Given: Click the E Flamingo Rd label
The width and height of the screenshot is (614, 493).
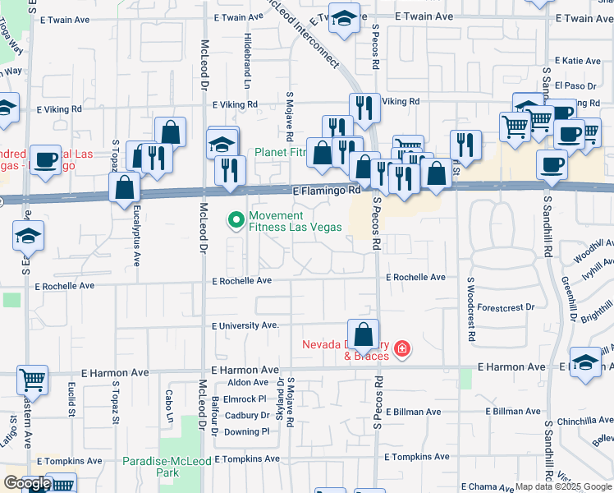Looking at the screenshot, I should (327, 190).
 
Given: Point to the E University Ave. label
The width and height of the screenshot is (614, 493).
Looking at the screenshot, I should (245, 325).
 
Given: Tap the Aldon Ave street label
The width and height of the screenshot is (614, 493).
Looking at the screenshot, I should (248, 382).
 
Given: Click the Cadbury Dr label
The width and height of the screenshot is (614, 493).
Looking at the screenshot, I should (247, 415).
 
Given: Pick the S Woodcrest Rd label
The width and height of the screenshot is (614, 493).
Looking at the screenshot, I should (471, 308).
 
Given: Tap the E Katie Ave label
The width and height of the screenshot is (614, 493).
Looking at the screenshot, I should (578, 61).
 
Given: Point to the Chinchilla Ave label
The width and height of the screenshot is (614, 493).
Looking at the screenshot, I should (578, 421).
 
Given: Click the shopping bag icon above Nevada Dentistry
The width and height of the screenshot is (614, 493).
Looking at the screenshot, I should (363, 334).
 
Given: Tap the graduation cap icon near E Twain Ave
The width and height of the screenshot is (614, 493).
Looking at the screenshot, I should (344, 17).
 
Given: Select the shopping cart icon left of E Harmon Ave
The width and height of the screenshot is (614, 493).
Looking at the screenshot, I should (32, 380).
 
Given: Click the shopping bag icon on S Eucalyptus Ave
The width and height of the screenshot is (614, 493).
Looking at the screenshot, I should (124, 187).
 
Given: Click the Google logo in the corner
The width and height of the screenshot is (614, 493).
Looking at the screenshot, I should (28, 483).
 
